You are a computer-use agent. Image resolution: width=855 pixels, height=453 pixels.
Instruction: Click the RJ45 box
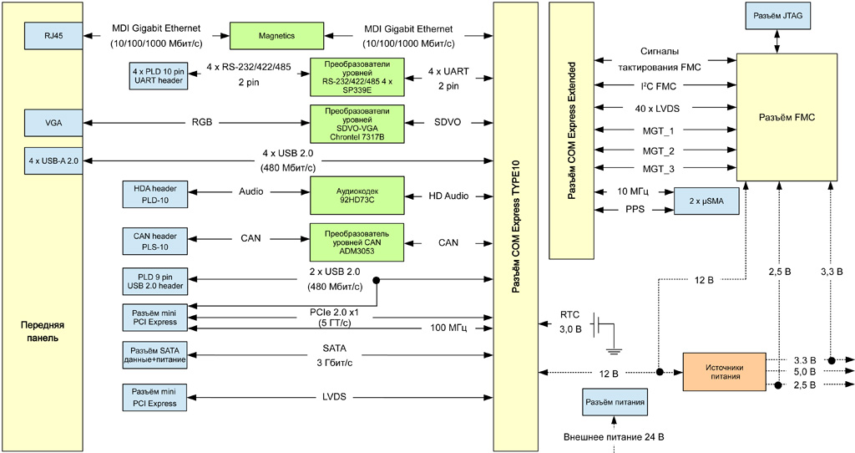click(x=54, y=36)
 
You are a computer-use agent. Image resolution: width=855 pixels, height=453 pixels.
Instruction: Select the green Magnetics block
click(x=276, y=36)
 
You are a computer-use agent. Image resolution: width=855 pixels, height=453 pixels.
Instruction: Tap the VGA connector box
click(x=54, y=123)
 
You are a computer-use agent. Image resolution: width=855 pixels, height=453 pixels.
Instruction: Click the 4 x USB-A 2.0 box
click(x=54, y=159)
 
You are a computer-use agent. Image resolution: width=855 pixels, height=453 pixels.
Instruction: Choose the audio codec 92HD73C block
click(x=357, y=196)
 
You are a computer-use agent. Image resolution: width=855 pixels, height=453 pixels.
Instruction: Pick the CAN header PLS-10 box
click(x=155, y=241)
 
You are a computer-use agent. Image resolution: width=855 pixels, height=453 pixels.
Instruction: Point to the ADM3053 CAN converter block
click(x=357, y=241)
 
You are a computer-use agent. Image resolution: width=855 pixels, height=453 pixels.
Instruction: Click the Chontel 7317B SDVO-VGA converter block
click(x=357, y=123)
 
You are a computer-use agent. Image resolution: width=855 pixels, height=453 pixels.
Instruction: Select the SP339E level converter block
click(x=357, y=76)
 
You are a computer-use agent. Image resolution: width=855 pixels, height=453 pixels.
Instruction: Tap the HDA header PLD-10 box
click(x=155, y=195)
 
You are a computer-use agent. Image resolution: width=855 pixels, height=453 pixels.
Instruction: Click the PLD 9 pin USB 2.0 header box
click(x=155, y=281)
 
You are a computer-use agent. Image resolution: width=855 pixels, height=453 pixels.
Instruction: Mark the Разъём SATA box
click(x=155, y=356)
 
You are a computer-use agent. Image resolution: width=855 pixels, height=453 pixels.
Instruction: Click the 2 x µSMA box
click(x=706, y=201)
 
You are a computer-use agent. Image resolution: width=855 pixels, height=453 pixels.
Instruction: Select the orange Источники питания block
click(x=725, y=371)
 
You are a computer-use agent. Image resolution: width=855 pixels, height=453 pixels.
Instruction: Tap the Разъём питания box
click(x=615, y=402)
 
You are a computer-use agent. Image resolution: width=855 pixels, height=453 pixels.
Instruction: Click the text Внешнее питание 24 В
click(x=614, y=437)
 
